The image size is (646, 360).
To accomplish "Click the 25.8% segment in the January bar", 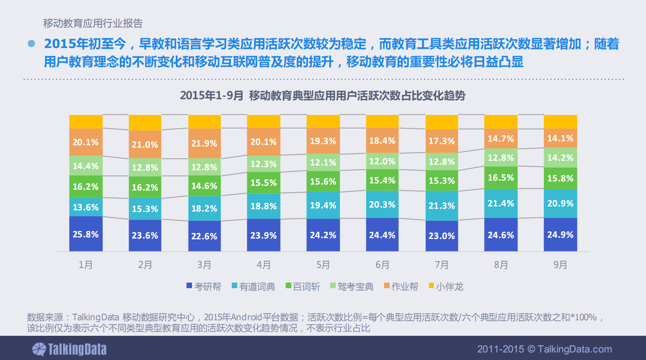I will tap(86, 234).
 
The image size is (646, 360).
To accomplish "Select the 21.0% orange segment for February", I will tap(145, 144).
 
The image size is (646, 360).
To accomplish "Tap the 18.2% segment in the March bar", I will tap(204, 208).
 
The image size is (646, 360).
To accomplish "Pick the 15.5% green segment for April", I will tap(263, 183).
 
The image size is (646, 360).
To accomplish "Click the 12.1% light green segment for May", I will tap(323, 162).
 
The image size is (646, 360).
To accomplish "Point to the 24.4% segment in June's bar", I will tap(382, 235).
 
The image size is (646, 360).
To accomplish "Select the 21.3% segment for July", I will tap(442, 206).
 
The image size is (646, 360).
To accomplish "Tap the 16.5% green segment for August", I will tap(501, 177).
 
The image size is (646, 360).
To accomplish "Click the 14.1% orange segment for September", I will tap(560, 138).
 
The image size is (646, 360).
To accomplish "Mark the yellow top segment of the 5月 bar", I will tap(323, 121).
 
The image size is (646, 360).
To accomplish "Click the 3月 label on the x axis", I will tap(204, 265).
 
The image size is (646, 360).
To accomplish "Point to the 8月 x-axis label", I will tap(501, 265).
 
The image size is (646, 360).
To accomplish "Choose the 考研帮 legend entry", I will tap(204, 287).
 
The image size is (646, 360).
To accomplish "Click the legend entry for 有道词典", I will tap(253, 287).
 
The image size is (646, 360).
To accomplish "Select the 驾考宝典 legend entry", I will tap(352, 287).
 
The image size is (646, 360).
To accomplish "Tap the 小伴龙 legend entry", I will tap(446, 287).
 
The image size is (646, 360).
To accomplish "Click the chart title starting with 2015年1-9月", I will tap(323, 96).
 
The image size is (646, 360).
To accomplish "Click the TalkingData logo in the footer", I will tap(69, 349).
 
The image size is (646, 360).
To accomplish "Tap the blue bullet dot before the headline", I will tap(31, 44).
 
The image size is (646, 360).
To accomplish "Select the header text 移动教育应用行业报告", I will tap(93, 23).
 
